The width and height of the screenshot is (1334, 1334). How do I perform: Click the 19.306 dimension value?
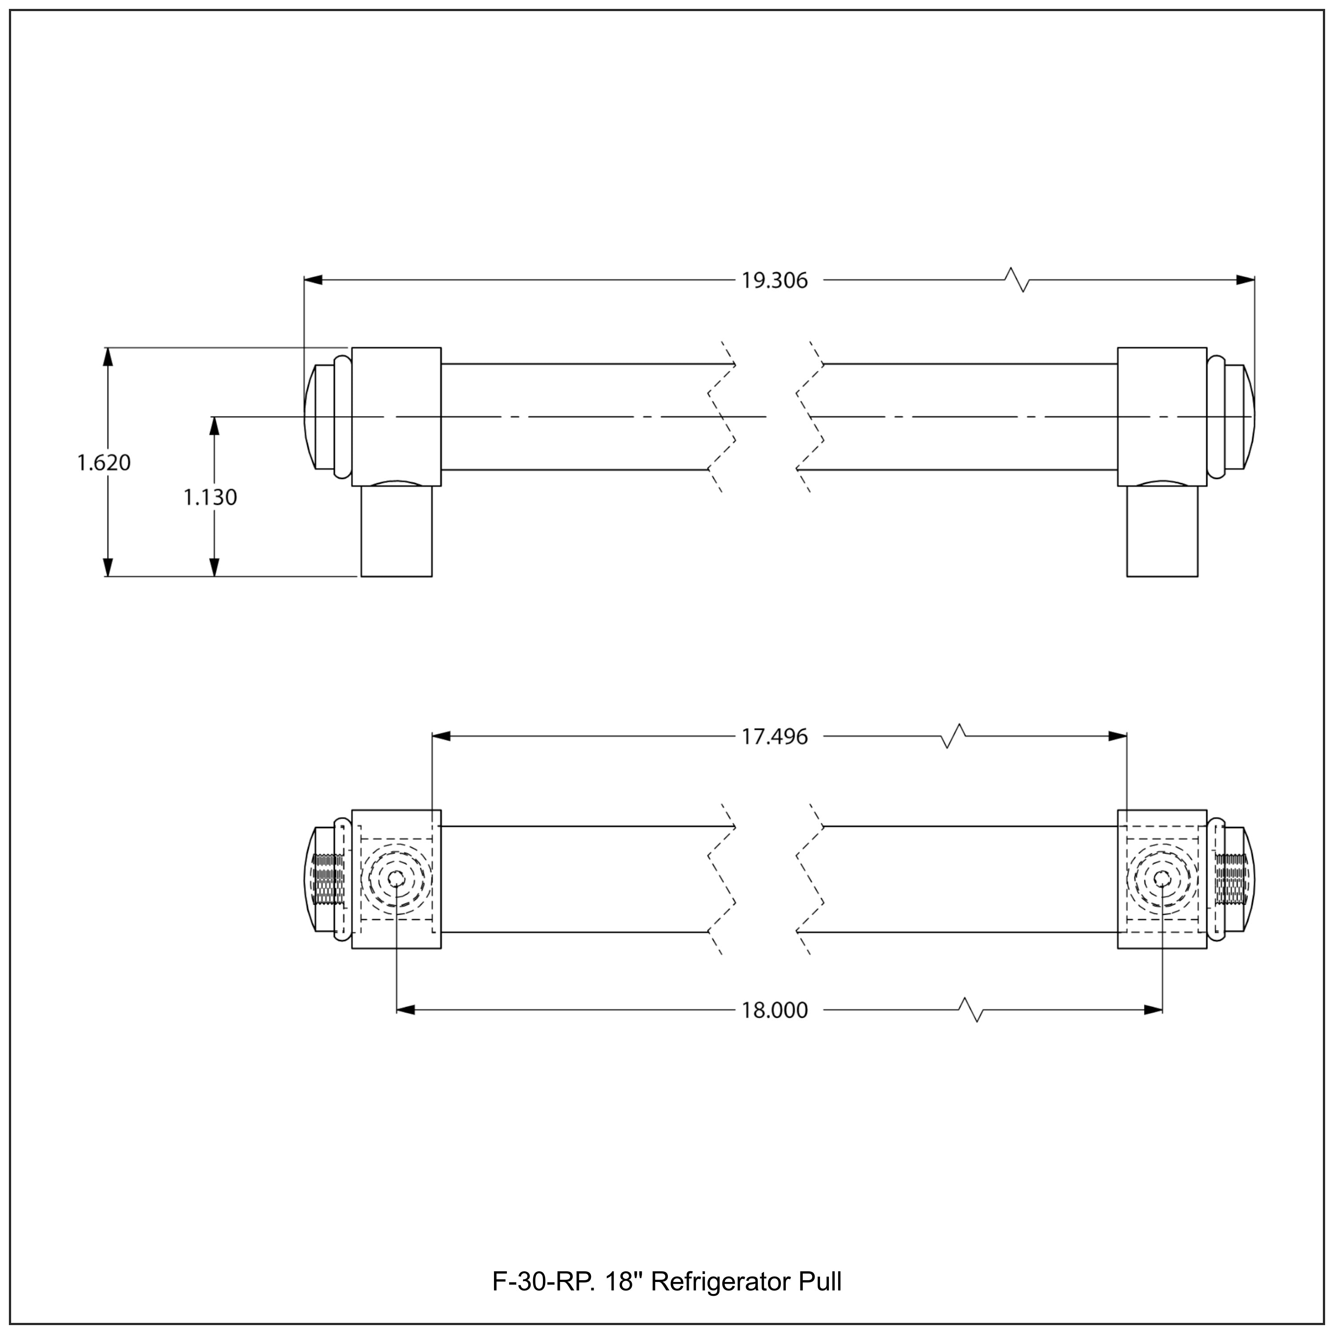(774, 281)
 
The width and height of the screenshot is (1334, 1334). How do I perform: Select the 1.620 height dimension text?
(104, 462)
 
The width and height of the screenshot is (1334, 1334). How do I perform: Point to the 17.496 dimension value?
(774, 737)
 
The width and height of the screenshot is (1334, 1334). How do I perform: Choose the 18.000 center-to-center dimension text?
(774, 1010)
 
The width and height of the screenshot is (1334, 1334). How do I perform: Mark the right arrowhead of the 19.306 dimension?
(1245, 280)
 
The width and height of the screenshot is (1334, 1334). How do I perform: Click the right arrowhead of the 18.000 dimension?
(1153, 1009)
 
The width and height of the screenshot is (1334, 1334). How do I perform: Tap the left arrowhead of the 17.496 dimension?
(441, 736)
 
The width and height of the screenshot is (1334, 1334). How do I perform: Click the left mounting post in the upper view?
(396, 530)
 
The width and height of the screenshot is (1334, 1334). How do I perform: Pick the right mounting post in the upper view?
(1162, 530)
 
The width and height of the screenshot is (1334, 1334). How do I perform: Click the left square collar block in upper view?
(396, 416)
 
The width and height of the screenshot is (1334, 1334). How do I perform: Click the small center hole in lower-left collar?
(396, 878)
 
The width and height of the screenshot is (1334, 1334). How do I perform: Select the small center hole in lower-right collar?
(1162, 878)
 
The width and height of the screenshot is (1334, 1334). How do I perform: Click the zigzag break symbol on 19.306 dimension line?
(1017, 280)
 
